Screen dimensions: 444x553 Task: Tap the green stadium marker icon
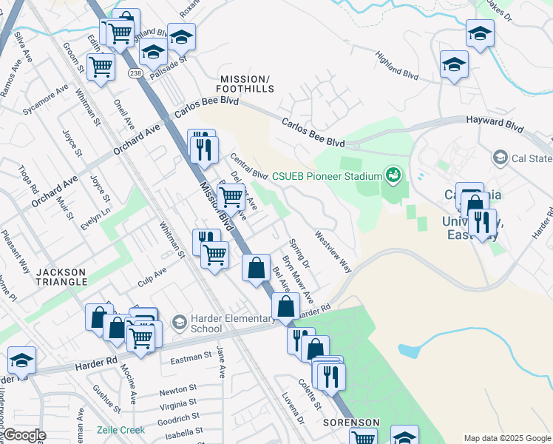click(393, 175)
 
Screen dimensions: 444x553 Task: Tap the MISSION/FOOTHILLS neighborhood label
click(246, 84)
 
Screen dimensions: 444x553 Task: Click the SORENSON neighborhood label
click(351, 423)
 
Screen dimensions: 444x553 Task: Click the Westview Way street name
click(333, 253)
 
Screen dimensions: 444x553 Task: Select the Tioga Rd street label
click(29, 178)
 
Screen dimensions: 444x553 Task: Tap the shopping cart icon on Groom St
click(101, 67)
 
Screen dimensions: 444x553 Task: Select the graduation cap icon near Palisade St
click(153, 52)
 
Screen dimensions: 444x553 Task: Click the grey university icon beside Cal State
click(500, 158)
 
